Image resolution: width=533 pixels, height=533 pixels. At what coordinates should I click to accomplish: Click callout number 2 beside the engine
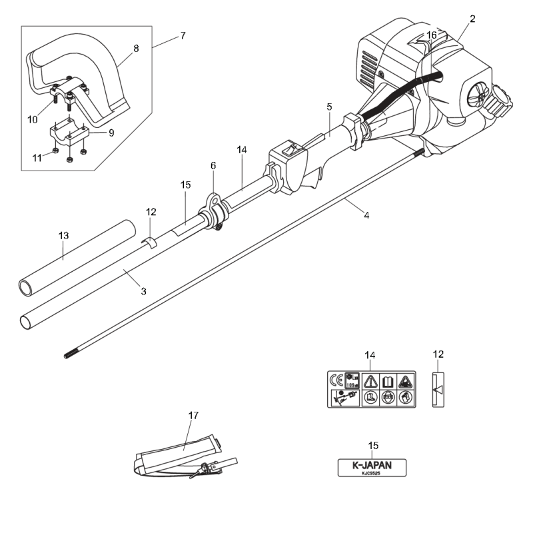[x=472, y=19]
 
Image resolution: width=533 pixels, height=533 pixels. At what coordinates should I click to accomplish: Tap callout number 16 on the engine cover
[x=432, y=35]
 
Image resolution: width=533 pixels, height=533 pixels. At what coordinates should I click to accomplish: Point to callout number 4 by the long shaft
[x=366, y=215]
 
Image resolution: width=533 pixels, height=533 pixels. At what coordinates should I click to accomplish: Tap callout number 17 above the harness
[x=193, y=416]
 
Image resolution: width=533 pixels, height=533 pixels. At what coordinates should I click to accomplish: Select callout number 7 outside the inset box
[x=182, y=35]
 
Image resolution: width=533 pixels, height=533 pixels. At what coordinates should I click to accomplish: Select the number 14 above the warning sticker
[x=371, y=355]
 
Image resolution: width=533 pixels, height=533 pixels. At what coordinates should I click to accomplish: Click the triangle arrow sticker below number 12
[x=438, y=389]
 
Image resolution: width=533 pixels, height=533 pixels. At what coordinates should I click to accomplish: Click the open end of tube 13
[x=25, y=288]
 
